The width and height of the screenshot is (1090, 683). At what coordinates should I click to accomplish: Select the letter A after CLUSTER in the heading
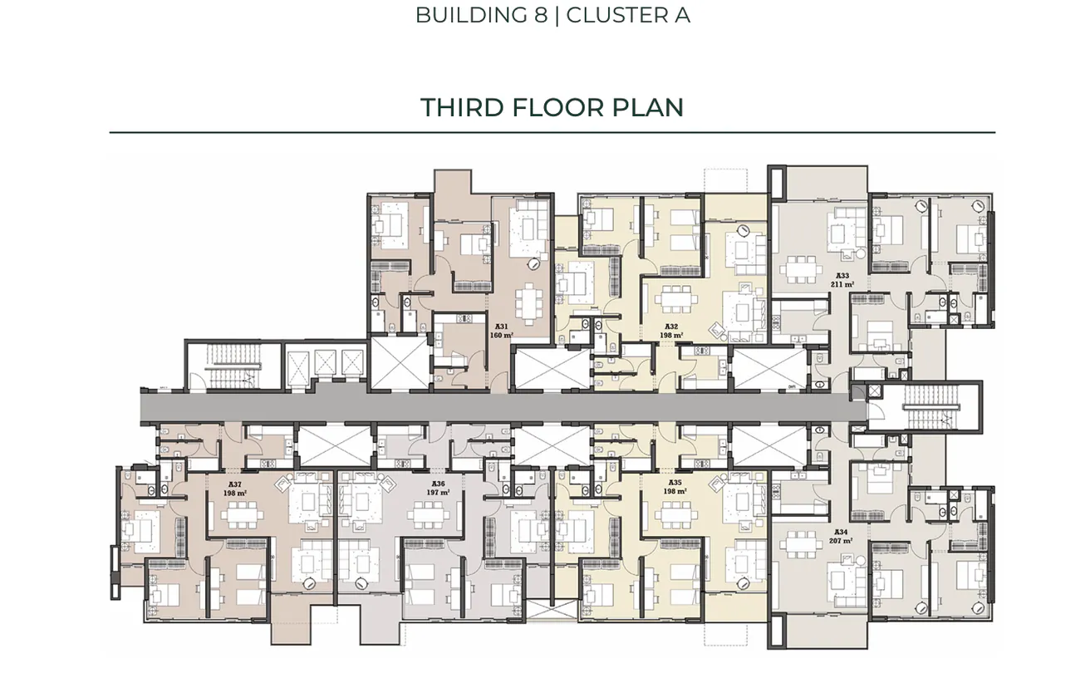pyautogui.click(x=682, y=15)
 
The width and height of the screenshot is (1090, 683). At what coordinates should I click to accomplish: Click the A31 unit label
pyautogui.click(x=501, y=327)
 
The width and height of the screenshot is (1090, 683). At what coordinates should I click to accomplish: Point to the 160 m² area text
pyautogui.click(x=501, y=336)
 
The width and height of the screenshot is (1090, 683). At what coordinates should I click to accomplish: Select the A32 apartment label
pyautogui.click(x=671, y=327)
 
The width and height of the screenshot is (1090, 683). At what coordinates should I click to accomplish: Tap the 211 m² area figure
pyautogui.click(x=842, y=284)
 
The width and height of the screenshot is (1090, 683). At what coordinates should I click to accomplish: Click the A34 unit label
pyautogui.click(x=840, y=532)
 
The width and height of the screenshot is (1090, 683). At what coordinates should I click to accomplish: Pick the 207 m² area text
pyautogui.click(x=840, y=541)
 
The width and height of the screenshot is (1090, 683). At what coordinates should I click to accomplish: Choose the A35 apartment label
pyautogui.click(x=675, y=482)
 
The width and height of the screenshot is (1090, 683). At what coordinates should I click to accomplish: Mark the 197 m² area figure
pyautogui.click(x=438, y=492)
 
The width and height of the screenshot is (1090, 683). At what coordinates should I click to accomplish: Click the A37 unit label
pyautogui.click(x=235, y=484)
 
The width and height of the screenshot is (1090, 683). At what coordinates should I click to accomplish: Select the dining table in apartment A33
pyautogui.click(x=801, y=268)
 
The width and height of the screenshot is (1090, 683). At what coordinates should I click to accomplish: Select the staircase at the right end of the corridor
pyautogui.click(x=930, y=406)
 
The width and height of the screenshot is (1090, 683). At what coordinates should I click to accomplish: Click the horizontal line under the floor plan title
pyautogui.click(x=552, y=132)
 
